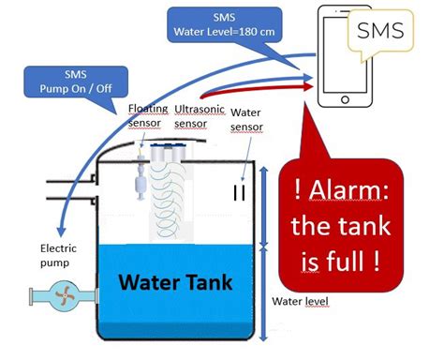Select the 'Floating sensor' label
(x=148, y=115)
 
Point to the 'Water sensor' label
(x=245, y=120)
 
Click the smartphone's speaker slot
(x=345, y=15)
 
